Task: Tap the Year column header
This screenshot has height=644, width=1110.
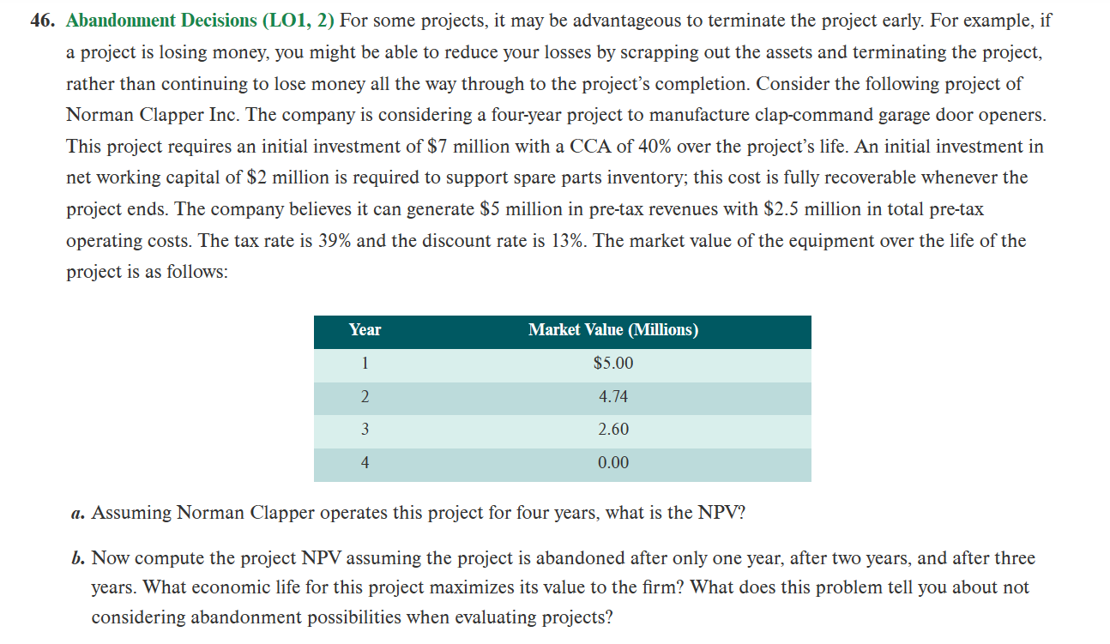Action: click(x=365, y=330)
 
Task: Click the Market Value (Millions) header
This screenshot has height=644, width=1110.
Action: click(x=612, y=330)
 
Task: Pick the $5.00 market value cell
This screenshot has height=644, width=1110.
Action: click(x=612, y=364)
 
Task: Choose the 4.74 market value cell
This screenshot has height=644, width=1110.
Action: click(x=612, y=397)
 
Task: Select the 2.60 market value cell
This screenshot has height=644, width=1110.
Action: click(x=612, y=430)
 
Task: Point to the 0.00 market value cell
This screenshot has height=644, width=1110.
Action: click(x=612, y=463)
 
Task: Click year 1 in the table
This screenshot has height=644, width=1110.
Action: click(x=365, y=364)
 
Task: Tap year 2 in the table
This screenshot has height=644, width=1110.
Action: click(x=365, y=397)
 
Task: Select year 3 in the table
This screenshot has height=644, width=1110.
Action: click(x=365, y=430)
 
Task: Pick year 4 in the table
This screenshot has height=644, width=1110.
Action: click(x=365, y=463)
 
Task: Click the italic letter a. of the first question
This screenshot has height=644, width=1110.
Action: click(x=77, y=514)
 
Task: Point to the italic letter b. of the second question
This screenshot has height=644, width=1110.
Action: click(x=77, y=559)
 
